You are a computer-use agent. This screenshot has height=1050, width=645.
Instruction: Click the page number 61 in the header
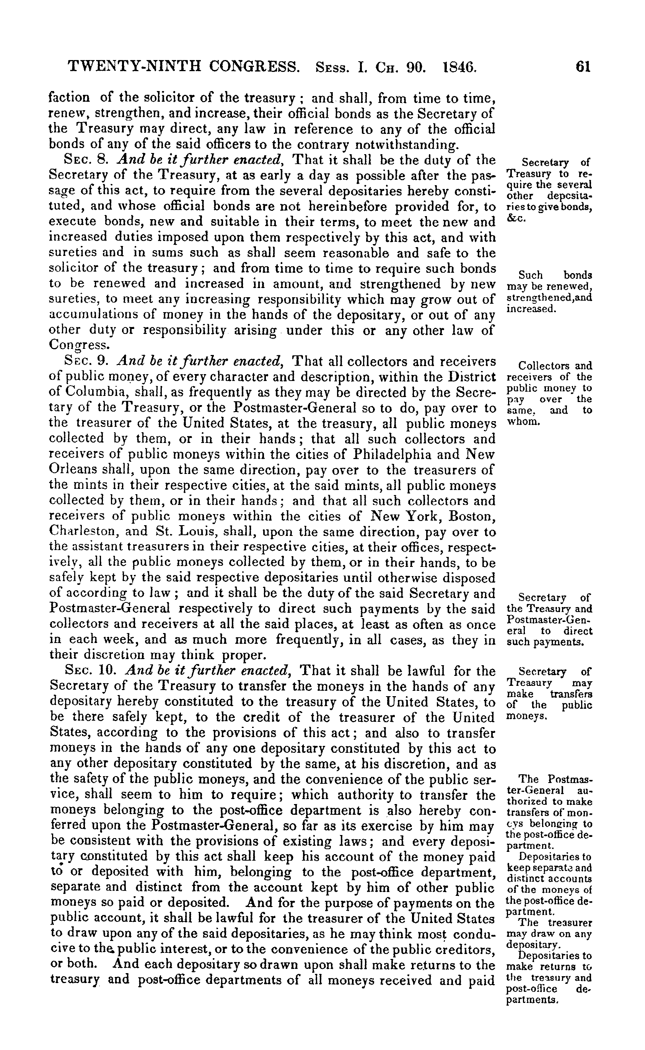pos(583,67)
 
